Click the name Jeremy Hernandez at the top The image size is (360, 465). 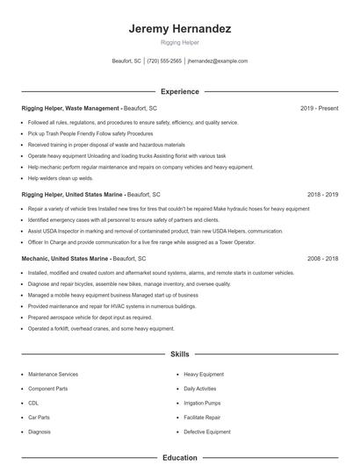coord(180,28)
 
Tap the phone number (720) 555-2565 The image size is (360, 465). coord(164,61)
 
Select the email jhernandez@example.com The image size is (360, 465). coord(218,61)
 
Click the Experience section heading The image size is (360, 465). coord(180,91)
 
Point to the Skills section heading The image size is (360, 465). coord(180,354)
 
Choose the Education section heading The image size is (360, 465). coord(180,457)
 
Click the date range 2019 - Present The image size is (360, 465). coord(319,108)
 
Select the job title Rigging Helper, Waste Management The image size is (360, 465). coord(71,108)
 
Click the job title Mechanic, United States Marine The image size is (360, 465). coord(65,260)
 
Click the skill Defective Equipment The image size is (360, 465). coord(207,432)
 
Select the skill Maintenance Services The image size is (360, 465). coord(53,374)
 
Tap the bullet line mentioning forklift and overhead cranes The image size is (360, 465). coord(102,328)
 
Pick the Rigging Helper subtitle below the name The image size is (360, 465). coord(180,42)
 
